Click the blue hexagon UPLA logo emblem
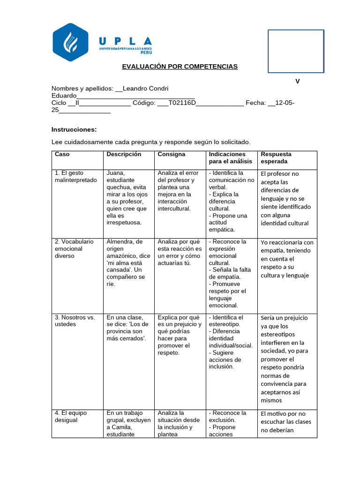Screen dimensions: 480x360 point(70,42)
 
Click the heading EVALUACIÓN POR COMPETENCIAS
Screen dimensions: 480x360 point(180,67)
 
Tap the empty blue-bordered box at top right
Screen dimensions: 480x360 point(296,51)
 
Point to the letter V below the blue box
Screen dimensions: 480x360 point(297,81)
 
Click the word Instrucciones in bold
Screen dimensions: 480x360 point(74,129)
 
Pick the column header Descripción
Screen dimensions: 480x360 point(124,154)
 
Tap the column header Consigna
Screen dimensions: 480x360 point(172,154)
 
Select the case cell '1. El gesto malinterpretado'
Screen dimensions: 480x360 point(75,177)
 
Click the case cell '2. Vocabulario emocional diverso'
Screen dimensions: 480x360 point(74,249)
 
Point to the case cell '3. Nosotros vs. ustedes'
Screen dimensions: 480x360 point(75,321)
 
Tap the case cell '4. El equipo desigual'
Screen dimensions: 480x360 point(71,417)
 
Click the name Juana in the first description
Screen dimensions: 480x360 point(115,173)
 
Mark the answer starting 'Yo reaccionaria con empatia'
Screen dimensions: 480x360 point(287,259)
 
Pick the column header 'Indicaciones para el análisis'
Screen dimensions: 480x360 point(230,157)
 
